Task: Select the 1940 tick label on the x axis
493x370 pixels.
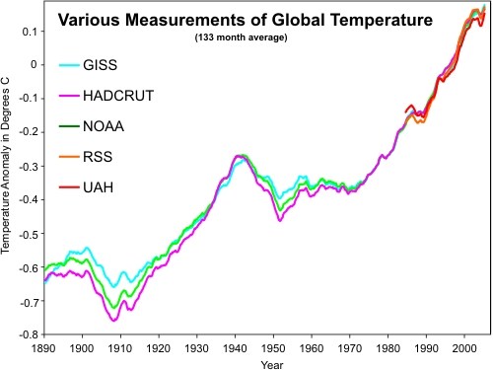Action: [x=235, y=348]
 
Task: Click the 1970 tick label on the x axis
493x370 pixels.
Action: [x=348, y=348]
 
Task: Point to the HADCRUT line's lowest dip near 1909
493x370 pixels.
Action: [x=114, y=321]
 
